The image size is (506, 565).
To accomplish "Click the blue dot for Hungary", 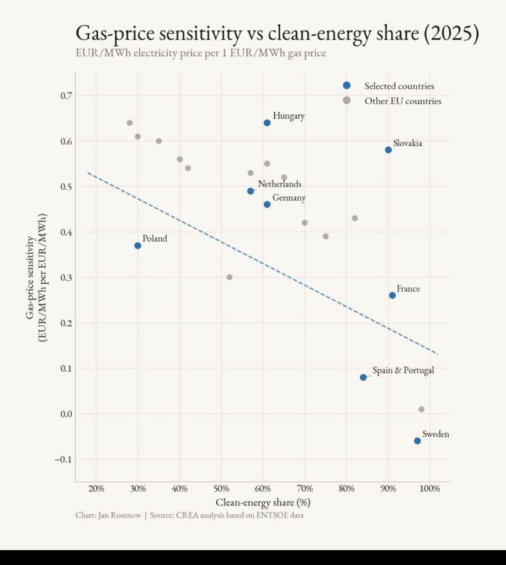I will coord(267,122).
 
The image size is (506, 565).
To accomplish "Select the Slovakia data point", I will coord(388,150).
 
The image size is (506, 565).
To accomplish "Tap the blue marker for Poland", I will coord(138,246).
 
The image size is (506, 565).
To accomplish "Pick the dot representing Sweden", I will coord(417,441).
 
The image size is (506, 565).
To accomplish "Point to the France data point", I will coord(392,295).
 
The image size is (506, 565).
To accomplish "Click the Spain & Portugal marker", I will coord(363,377).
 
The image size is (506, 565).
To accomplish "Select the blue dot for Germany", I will coord(267,204).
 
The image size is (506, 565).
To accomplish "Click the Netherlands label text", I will coord(280,184).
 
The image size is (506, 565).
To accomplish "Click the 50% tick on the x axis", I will coord(221,488).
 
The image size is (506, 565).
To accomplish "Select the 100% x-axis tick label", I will coord(430,488).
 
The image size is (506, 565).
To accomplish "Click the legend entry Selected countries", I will coord(399,86).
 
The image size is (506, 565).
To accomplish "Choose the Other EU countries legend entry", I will coord(403,101).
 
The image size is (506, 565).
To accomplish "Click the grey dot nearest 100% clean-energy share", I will coord(422,409).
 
